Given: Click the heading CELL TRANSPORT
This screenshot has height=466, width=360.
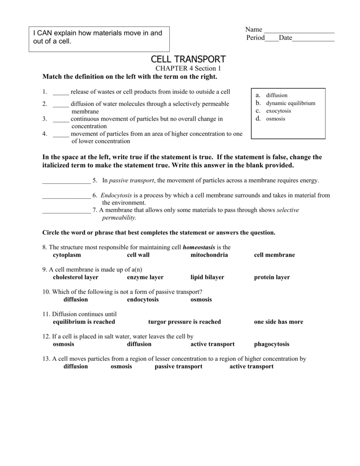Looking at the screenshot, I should tap(188, 60).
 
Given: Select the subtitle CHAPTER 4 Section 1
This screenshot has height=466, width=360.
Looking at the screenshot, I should tap(188, 68).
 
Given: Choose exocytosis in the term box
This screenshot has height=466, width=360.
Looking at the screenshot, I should tap(279, 111).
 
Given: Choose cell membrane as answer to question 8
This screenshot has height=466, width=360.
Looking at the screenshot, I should tap(274, 255).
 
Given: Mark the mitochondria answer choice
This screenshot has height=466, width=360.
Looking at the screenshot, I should tap(209, 255).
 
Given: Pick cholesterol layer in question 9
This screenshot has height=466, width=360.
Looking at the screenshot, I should tap(76, 277).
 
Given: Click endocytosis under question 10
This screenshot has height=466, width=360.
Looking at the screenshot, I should tap(142, 299).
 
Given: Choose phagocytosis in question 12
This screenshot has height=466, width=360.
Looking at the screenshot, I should tap(271, 344).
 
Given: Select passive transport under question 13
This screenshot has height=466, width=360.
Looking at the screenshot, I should tap(178, 366).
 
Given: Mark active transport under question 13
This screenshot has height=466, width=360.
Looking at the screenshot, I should tap(251, 366).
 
